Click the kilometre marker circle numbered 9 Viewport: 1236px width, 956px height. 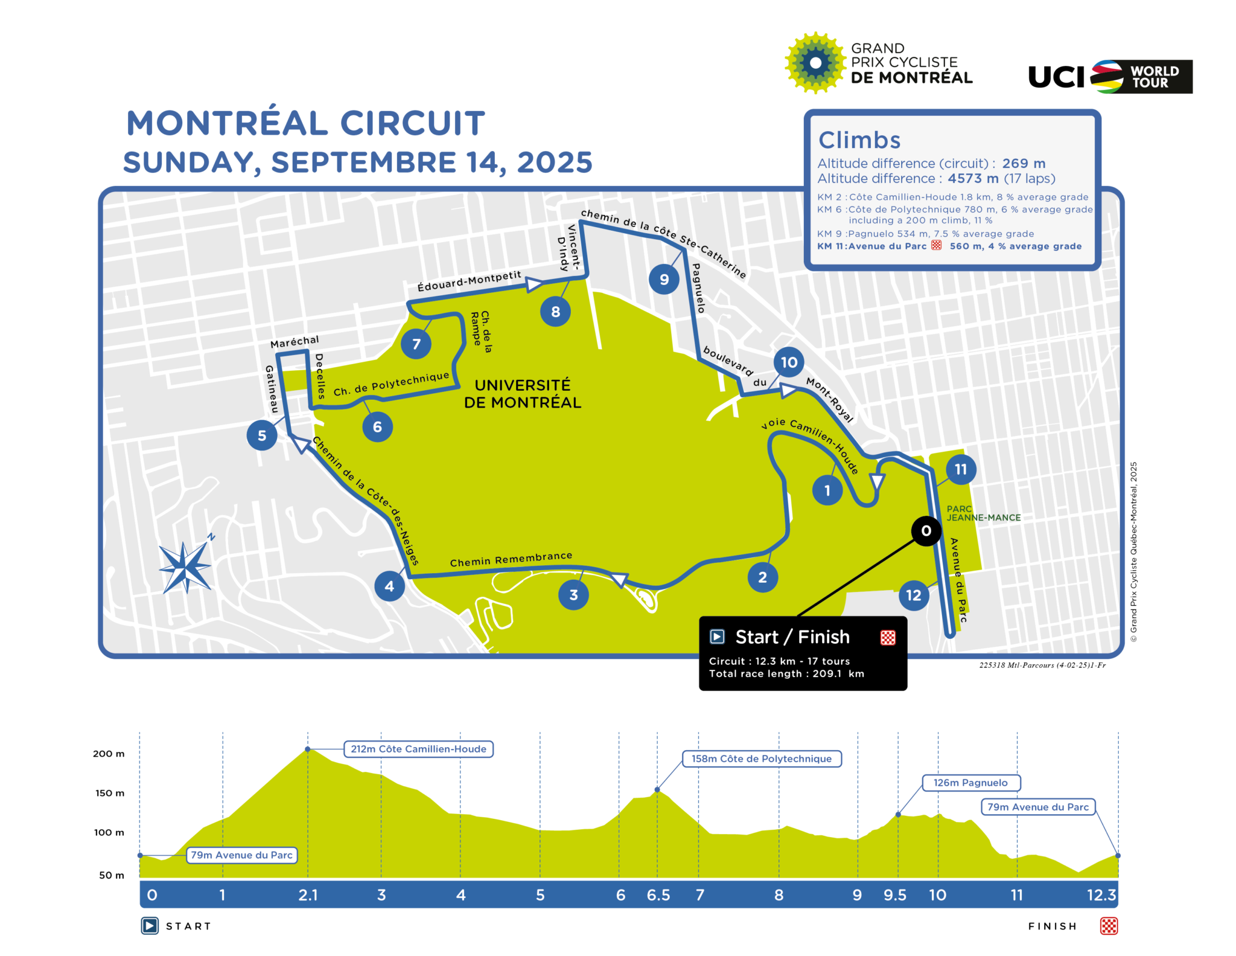click(664, 279)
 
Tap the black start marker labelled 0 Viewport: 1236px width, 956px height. click(926, 531)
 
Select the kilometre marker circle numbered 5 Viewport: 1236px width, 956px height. click(262, 435)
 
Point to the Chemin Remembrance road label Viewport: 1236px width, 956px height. click(511, 559)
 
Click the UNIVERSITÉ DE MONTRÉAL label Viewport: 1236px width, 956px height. click(523, 394)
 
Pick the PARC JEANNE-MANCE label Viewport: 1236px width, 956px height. click(983, 513)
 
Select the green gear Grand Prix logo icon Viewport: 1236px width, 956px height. click(815, 63)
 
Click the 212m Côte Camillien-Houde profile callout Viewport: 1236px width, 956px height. click(418, 749)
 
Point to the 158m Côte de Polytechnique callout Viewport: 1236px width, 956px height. click(762, 759)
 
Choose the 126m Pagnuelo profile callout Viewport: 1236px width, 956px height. click(970, 783)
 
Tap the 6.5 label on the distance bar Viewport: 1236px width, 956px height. click(658, 895)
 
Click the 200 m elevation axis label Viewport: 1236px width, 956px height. click(109, 754)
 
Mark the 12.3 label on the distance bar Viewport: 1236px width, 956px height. click(1101, 895)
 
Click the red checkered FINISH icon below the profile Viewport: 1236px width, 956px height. click(1109, 926)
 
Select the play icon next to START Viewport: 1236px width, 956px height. click(150, 926)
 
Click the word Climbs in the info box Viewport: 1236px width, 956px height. click(859, 140)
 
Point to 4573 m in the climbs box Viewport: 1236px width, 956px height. click(973, 179)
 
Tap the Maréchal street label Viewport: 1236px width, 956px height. click(295, 342)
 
